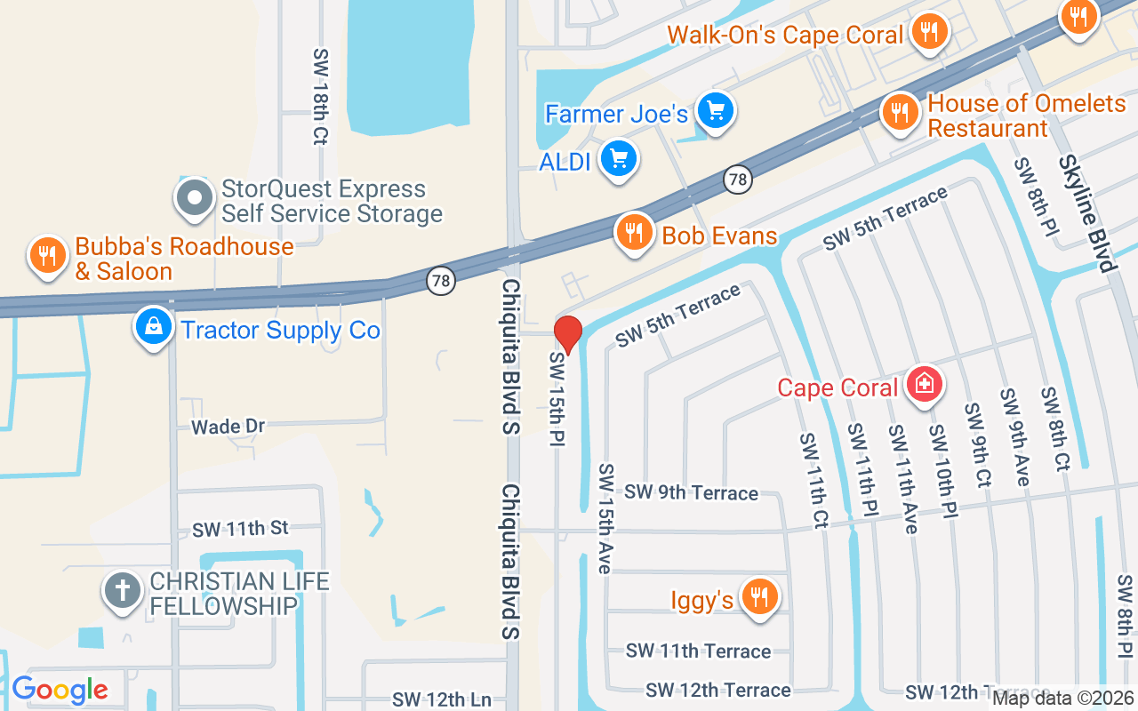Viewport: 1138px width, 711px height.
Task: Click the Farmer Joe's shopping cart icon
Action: click(714, 111)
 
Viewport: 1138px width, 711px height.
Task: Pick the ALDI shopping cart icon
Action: click(619, 160)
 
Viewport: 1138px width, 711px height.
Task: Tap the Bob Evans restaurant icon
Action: click(633, 234)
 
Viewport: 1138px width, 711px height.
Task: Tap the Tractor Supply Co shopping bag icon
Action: click(154, 328)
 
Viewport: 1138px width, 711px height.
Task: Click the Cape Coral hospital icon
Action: click(925, 385)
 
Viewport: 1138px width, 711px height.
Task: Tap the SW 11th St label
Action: click(240, 529)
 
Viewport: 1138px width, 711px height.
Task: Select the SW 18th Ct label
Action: click(320, 96)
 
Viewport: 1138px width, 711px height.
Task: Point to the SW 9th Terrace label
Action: click(691, 492)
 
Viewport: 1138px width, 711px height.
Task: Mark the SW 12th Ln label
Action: click(442, 699)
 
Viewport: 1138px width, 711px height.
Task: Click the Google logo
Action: click(60, 690)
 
